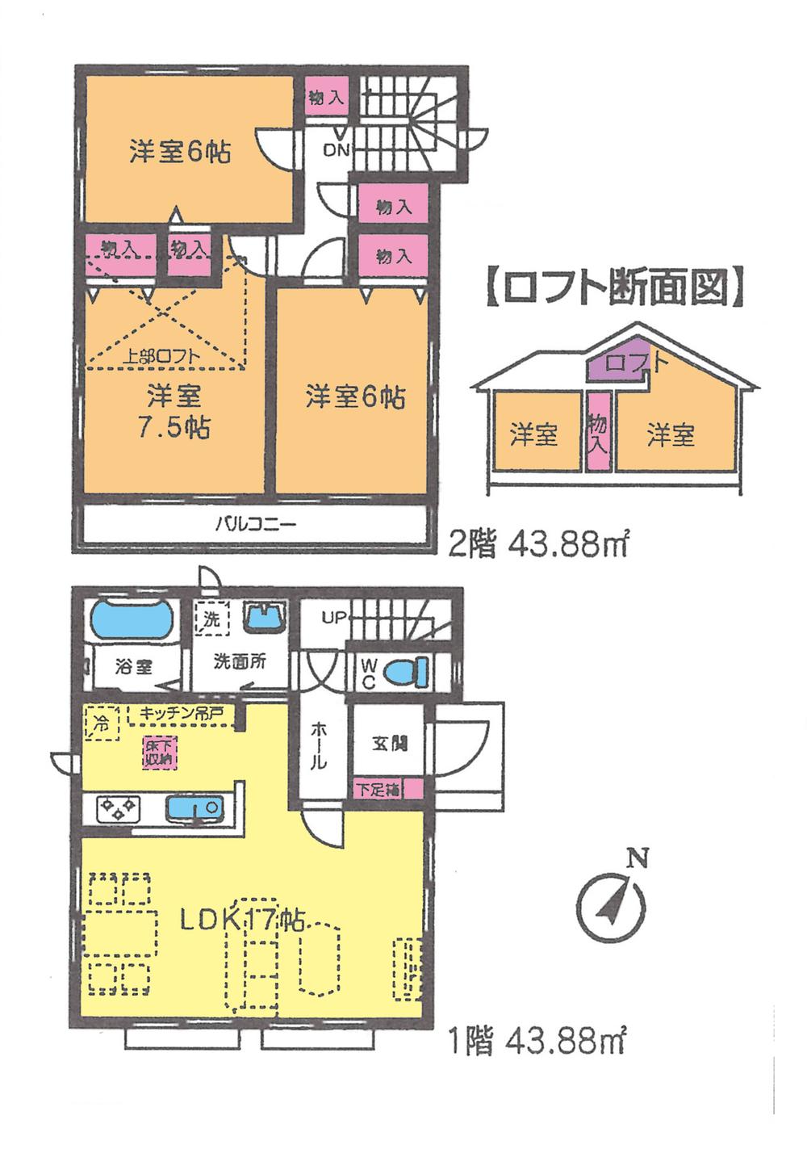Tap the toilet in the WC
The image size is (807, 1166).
pos(403,671)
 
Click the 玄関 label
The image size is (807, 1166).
pos(389,744)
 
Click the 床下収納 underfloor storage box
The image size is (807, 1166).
pos(157,753)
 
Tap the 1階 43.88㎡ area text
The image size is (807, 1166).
pos(537,1042)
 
